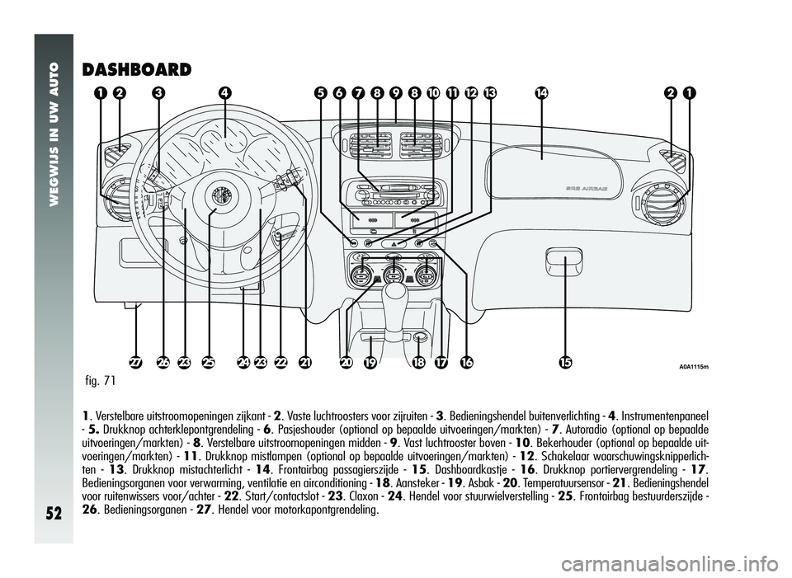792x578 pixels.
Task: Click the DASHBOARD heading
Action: click(x=136, y=69)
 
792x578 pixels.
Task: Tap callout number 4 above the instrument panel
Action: click(x=224, y=93)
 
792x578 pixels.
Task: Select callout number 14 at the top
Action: click(x=542, y=93)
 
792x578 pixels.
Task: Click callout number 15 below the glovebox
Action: click(x=565, y=362)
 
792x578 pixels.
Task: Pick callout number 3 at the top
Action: click(x=158, y=93)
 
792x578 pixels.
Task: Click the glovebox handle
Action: click(x=563, y=261)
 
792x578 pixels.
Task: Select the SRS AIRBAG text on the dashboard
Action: click(x=586, y=188)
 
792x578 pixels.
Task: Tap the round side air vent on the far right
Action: click(x=661, y=200)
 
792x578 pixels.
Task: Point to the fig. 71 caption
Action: click(x=101, y=380)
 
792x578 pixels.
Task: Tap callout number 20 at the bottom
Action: click(x=346, y=362)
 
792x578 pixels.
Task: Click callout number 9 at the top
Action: click(x=396, y=93)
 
